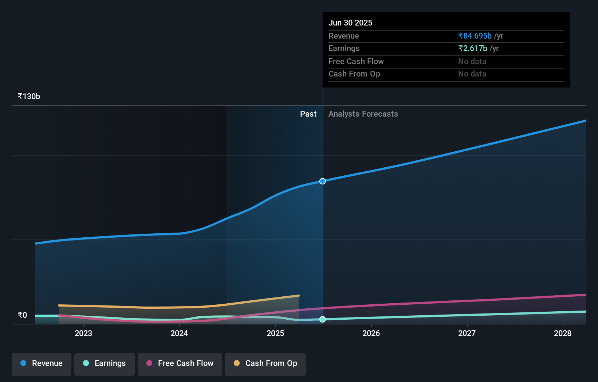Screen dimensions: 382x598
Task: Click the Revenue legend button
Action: pos(42,364)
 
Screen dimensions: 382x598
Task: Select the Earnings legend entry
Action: pos(105,364)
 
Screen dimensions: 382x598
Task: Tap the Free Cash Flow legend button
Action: pos(180,364)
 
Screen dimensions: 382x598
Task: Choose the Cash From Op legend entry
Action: pos(265,364)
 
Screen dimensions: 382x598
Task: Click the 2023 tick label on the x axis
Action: pos(83,334)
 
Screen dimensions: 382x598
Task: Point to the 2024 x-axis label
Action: pos(179,334)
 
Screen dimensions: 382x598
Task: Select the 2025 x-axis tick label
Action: pos(275,334)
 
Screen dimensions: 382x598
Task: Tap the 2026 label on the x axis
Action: pos(371,334)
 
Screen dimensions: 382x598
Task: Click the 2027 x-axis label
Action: pos(467,334)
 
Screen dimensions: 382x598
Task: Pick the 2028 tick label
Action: pos(563,334)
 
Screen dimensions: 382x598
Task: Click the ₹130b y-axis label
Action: pos(29,97)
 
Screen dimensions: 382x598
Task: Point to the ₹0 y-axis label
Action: pos(22,315)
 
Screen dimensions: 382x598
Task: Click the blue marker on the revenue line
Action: pos(323,181)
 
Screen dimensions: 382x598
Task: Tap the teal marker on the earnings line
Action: pos(323,319)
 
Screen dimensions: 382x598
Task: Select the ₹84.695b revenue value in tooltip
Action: pos(475,36)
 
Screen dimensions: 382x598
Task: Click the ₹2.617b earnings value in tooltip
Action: pos(473,48)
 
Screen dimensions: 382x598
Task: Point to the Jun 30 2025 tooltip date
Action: pos(350,23)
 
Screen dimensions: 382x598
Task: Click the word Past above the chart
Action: pos(308,114)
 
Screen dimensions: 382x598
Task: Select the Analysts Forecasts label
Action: pos(363,114)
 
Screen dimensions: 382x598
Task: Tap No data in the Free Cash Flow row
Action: pos(472,62)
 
